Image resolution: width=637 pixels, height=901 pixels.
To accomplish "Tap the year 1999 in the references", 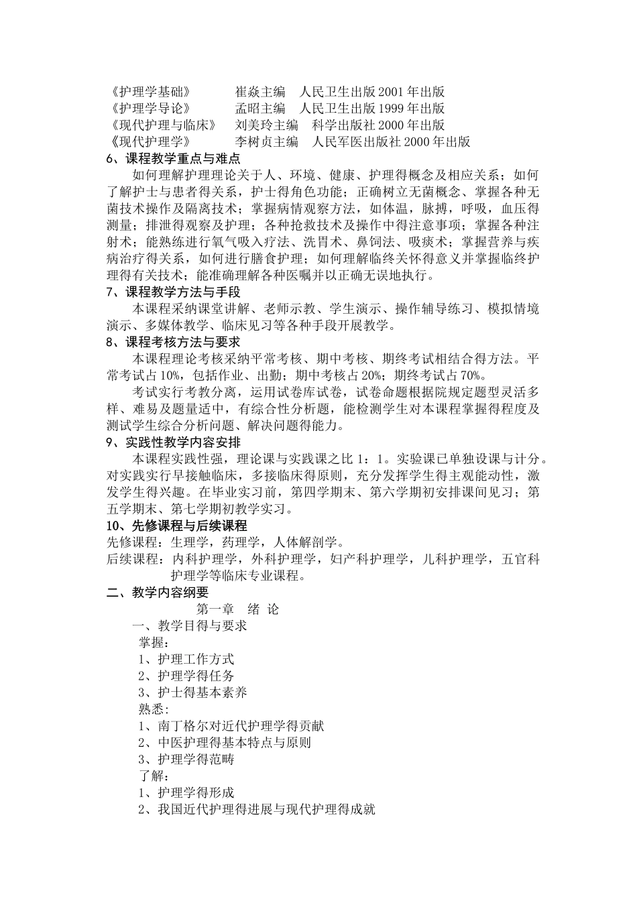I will tap(392, 109).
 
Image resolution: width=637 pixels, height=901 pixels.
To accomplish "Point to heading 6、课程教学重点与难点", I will tap(164, 159).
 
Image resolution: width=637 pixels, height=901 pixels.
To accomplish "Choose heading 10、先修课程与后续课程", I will tap(177, 526).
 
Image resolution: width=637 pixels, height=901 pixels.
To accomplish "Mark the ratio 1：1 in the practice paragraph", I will tap(373, 460).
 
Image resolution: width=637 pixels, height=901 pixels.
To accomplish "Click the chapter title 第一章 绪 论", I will tap(237, 609).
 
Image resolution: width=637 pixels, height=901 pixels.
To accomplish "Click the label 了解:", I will tap(154, 776).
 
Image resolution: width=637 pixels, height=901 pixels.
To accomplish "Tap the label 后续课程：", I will tap(137, 559).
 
